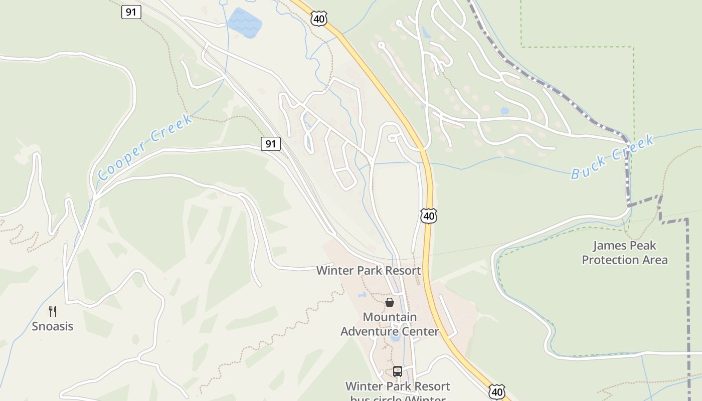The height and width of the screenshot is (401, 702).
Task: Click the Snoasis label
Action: [x=53, y=326]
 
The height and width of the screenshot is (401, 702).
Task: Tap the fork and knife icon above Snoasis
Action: [x=53, y=311]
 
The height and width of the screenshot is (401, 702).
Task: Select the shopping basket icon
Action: [x=390, y=302]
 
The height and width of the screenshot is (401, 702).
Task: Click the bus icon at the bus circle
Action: [x=398, y=371]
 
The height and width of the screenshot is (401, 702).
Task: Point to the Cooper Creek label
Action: [x=145, y=147]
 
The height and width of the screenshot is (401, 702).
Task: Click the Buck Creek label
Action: [x=613, y=156]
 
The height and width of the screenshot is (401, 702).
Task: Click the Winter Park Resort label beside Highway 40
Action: [x=369, y=271]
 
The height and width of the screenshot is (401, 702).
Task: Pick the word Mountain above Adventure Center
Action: [x=390, y=317]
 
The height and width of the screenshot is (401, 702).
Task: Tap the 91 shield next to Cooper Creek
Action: [x=271, y=144]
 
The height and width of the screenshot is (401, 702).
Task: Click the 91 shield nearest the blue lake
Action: [x=131, y=12]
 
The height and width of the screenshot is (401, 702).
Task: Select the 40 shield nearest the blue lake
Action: [x=319, y=19]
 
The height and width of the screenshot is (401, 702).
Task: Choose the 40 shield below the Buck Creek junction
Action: [x=428, y=216]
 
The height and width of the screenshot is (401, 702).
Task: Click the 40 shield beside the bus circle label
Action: [x=496, y=391]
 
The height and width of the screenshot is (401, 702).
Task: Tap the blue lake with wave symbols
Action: [x=245, y=23]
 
